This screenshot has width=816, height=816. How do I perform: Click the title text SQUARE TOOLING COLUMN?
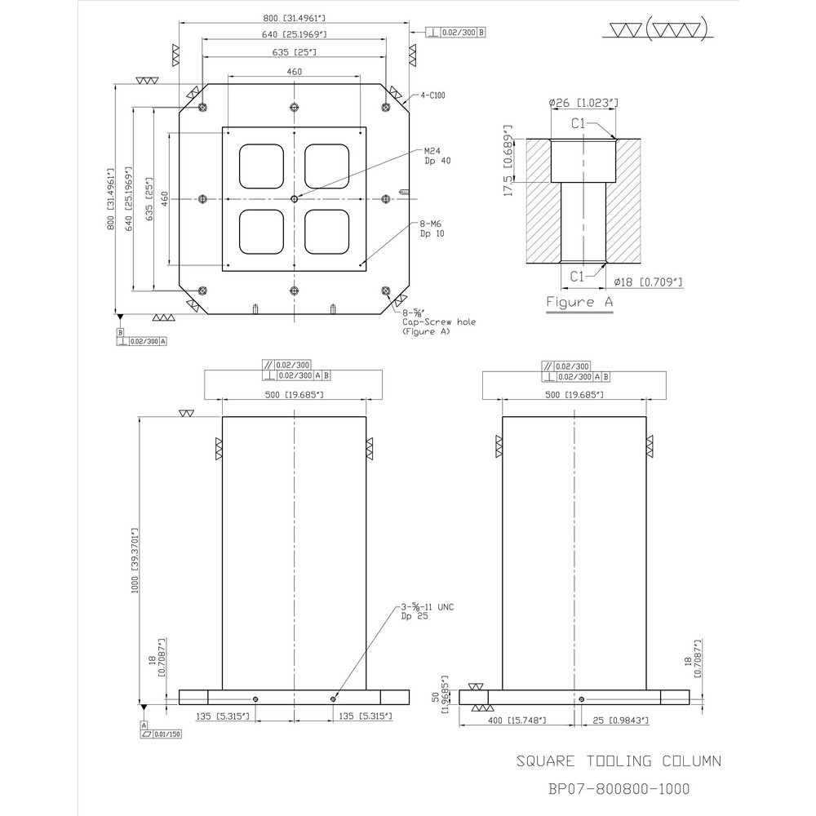619,761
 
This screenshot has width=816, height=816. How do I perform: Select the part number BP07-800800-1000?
619,789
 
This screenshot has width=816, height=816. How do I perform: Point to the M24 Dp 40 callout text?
437,156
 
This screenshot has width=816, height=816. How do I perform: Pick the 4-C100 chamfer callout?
432,95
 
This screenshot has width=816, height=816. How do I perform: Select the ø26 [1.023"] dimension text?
583,103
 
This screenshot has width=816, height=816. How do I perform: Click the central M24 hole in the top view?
294,198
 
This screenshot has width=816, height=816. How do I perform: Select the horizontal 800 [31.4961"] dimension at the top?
295,17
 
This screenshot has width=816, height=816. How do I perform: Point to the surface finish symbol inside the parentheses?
677,30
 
